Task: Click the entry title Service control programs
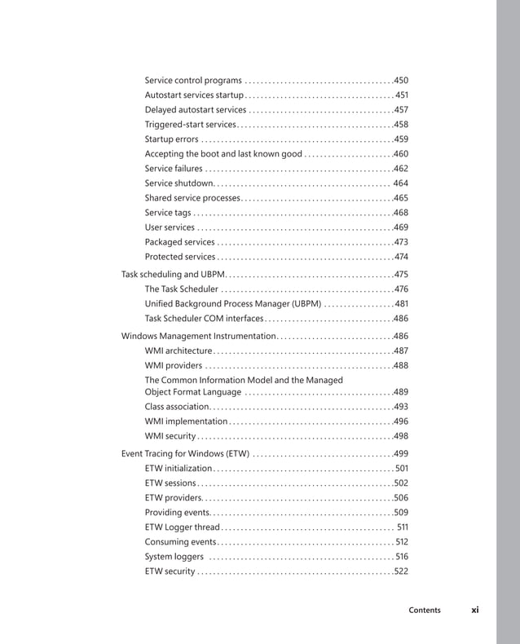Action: pos(193,81)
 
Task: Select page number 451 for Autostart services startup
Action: pos(401,95)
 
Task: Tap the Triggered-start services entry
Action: pos(191,125)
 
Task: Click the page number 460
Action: pos(400,154)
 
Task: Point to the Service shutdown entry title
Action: pos(179,183)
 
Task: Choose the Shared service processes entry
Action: pos(192,198)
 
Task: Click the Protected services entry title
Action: pos(180,257)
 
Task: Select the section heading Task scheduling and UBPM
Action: pos(172,275)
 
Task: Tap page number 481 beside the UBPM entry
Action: pos(400,304)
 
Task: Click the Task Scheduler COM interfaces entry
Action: pos(205,319)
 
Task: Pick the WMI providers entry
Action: pos(174,366)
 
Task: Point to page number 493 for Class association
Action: pos(400,407)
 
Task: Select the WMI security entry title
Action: pos(170,436)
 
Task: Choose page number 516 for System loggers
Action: pos(401,557)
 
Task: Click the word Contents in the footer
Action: pos(425,611)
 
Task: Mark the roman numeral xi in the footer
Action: pos(474,610)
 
